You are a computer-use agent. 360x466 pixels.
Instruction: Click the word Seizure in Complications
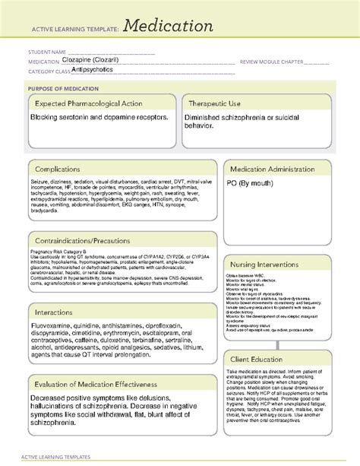(41, 182)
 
